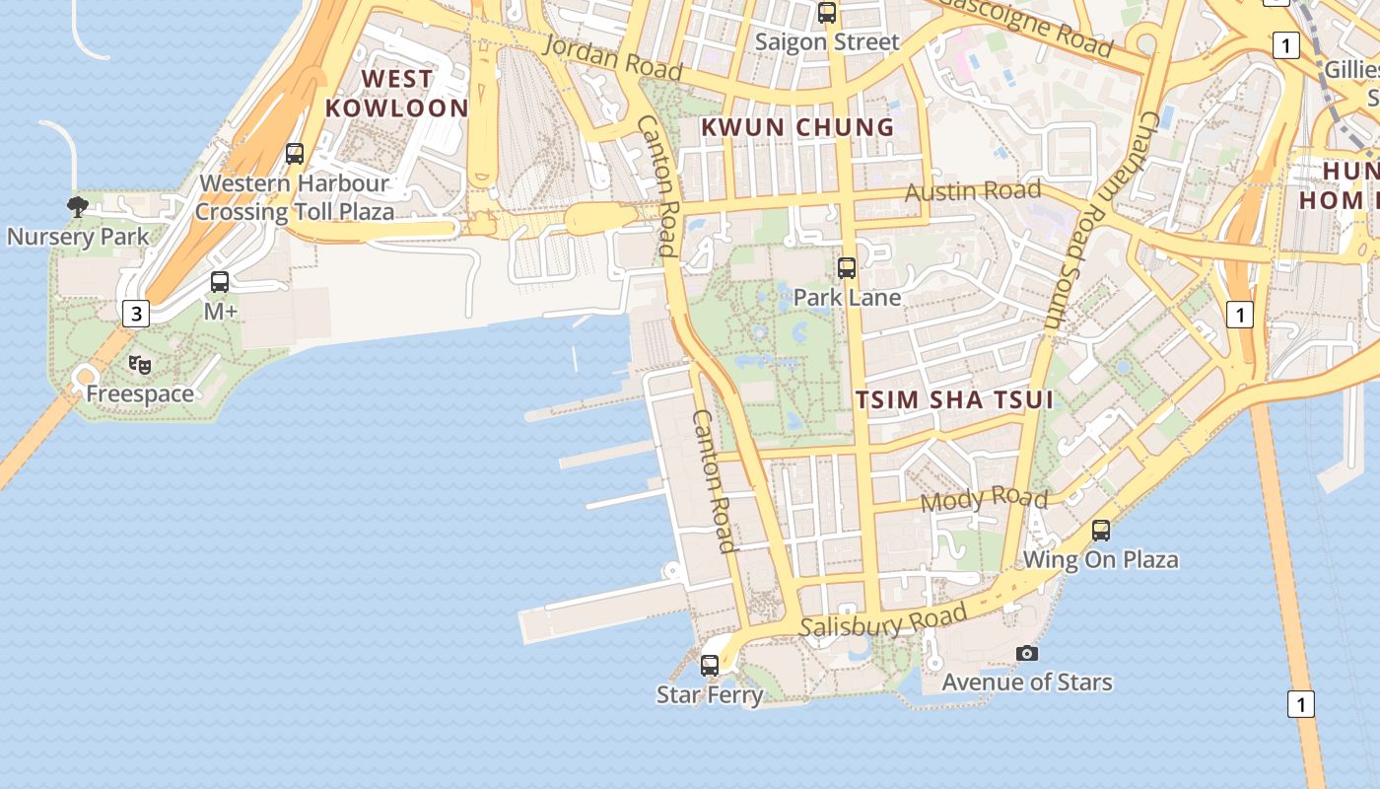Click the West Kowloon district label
click(396, 94)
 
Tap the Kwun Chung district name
click(797, 127)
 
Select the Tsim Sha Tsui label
click(954, 399)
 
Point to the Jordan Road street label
click(612, 57)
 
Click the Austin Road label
click(973, 190)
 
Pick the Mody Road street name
click(984, 499)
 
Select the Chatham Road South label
click(1101, 219)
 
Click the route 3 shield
click(136, 314)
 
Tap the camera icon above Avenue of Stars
click(1027, 653)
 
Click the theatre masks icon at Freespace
click(140, 365)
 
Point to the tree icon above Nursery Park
click(78, 206)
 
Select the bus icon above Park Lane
click(846, 267)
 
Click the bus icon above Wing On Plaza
click(1101, 531)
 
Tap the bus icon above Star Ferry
click(710, 666)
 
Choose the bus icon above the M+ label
click(220, 282)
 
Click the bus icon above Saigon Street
click(827, 13)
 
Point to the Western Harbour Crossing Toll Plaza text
click(294, 197)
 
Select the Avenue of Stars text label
click(1027, 681)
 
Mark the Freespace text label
click(140, 394)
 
